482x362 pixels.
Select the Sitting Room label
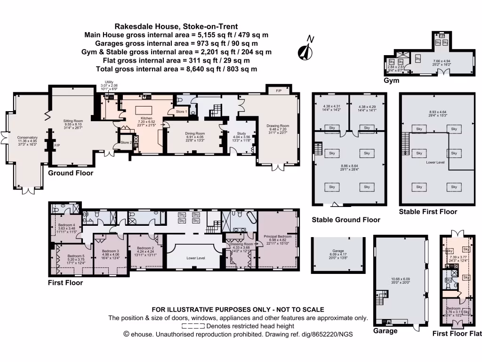(x=73, y=121)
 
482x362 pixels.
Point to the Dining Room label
(x=194, y=133)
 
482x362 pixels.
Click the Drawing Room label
(x=278, y=126)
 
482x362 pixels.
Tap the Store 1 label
(x=181, y=112)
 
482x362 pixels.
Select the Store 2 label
(x=125, y=142)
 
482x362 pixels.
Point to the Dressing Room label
(x=241, y=244)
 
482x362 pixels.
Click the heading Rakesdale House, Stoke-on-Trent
(x=177, y=26)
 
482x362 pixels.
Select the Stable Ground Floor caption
(x=346, y=220)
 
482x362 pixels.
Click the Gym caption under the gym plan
(x=392, y=81)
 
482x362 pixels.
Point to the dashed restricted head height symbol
(x=193, y=326)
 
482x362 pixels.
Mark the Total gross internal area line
(x=171, y=69)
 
